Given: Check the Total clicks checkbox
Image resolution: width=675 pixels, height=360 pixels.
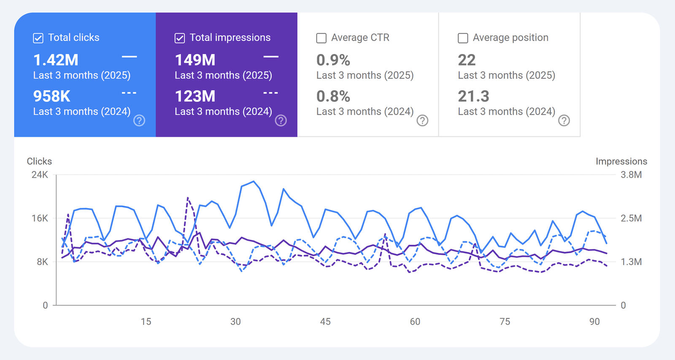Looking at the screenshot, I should point(38,38).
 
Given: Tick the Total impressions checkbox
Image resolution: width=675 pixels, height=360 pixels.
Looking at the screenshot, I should point(180,38).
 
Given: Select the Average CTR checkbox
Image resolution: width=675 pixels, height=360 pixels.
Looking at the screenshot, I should point(321,38).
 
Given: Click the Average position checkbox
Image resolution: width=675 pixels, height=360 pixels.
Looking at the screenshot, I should point(463,38).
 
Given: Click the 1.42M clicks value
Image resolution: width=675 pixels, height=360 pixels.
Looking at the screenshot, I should point(56,60).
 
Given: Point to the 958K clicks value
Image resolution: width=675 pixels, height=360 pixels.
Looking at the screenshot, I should point(52,97).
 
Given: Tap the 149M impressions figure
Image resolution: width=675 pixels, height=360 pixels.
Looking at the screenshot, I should point(195,60).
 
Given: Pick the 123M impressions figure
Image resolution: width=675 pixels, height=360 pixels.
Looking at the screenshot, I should point(195,97).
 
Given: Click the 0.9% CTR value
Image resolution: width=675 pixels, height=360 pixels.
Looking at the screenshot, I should point(333,60).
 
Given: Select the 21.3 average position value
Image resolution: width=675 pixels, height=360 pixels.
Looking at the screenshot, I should point(473,97).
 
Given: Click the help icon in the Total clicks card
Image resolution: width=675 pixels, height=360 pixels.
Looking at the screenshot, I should point(139,121).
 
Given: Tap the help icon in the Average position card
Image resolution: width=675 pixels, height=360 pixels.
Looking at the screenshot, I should point(564,121).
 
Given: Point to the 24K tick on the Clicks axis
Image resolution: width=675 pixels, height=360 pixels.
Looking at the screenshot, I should point(40,175).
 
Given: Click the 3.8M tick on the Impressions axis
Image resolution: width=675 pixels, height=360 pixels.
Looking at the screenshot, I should point(631,175).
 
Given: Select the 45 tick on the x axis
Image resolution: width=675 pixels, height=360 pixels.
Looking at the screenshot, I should point(325,322).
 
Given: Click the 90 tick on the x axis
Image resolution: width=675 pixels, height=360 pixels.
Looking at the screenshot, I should point(594,322).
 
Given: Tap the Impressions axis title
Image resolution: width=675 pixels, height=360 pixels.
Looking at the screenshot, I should point(621,161).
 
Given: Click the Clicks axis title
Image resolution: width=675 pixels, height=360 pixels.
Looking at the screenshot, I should point(39,161).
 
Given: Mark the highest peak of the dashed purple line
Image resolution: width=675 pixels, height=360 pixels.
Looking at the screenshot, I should point(188,198).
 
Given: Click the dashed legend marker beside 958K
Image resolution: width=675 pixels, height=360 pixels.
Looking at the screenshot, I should point(129,93).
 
